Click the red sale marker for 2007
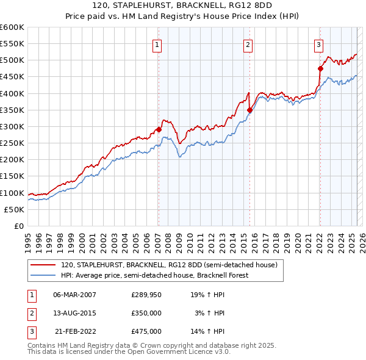tap(159, 129)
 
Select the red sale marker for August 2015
tap(249, 110)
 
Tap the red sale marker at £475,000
tap(320, 68)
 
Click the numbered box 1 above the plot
tap(157, 44)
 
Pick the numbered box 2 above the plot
tap(248, 44)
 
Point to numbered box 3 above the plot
tap(318, 44)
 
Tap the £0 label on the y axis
tap(20, 226)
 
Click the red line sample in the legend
tap(43, 265)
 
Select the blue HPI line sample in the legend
tap(43, 275)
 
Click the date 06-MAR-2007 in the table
tap(75, 294)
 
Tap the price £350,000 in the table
tap(146, 313)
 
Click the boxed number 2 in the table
tap(30, 313)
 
